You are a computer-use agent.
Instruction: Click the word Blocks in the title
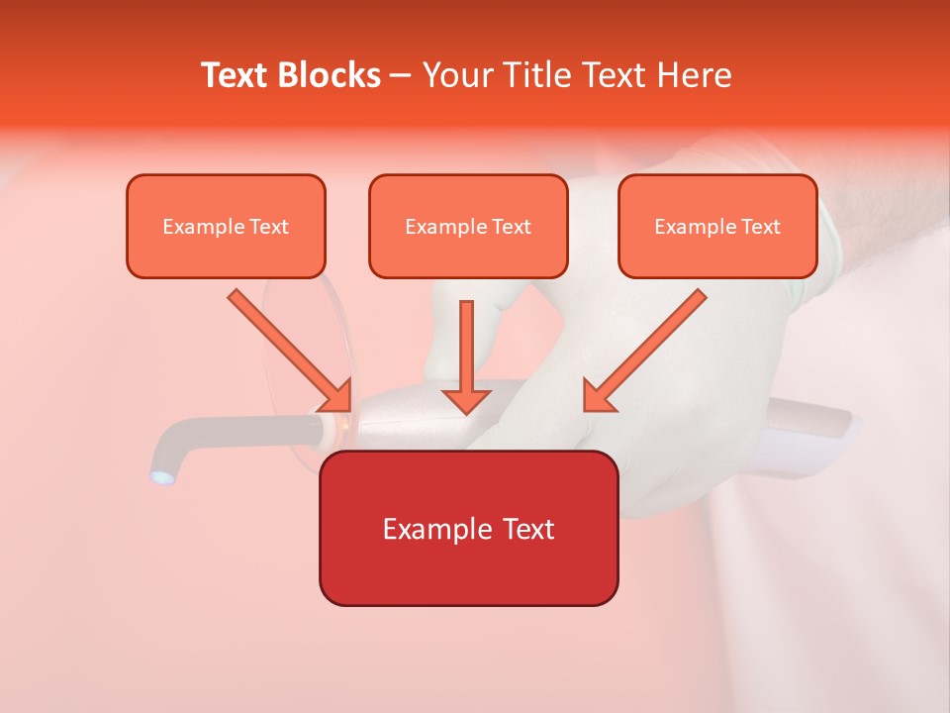[330, 75]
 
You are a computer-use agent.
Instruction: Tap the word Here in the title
[697, 75]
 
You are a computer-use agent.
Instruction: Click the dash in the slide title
[401, 76]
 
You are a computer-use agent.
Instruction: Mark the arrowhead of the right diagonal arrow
[599, 395]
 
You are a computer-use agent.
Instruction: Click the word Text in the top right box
[761, 227]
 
